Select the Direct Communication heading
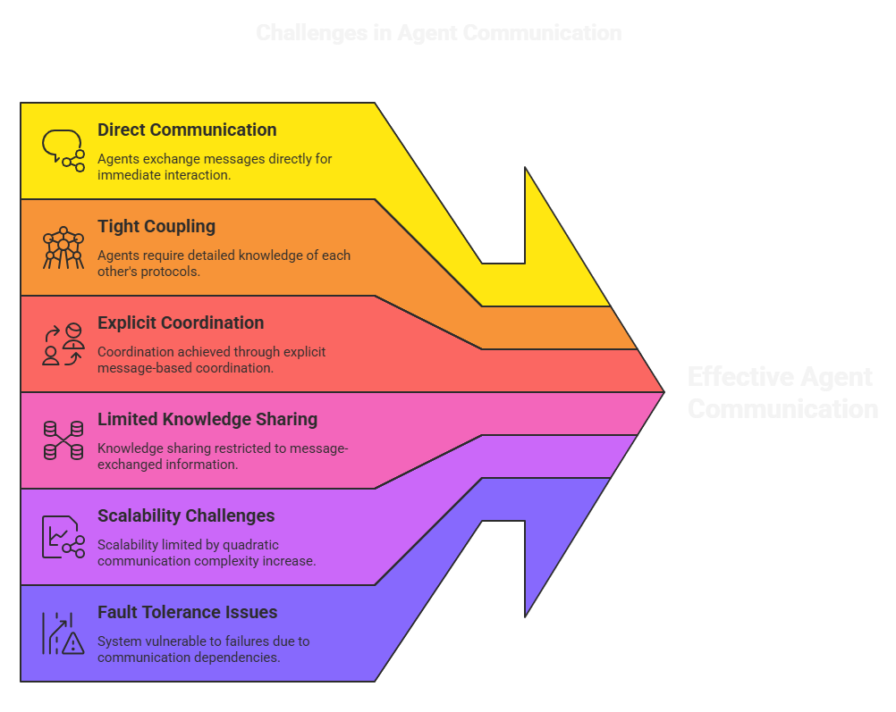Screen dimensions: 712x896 pos(187,130)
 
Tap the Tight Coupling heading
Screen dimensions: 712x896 pos(156,226)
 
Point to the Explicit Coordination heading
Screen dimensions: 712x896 pos(181,322)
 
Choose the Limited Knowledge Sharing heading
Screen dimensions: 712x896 pos(207,419)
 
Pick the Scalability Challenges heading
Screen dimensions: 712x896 pos(186,515)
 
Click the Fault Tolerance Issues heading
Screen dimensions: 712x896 pos(187,612)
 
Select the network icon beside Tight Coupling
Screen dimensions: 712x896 pos(63,247)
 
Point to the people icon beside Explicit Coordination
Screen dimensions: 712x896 pos(63,344)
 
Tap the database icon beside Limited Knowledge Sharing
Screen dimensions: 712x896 pos(63,440)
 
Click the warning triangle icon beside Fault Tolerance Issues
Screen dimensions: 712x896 pos(72,642)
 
